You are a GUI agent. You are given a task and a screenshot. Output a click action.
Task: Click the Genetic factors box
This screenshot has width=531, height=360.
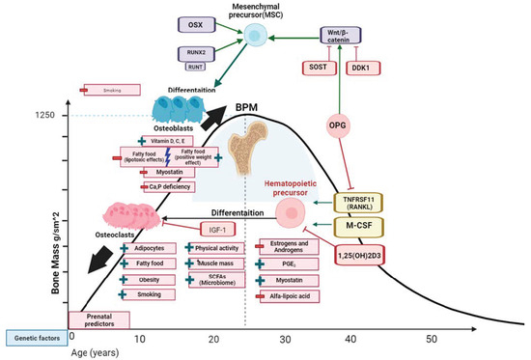click(33, 337)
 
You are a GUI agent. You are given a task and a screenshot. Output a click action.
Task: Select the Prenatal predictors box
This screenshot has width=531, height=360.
click(97, 319)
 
